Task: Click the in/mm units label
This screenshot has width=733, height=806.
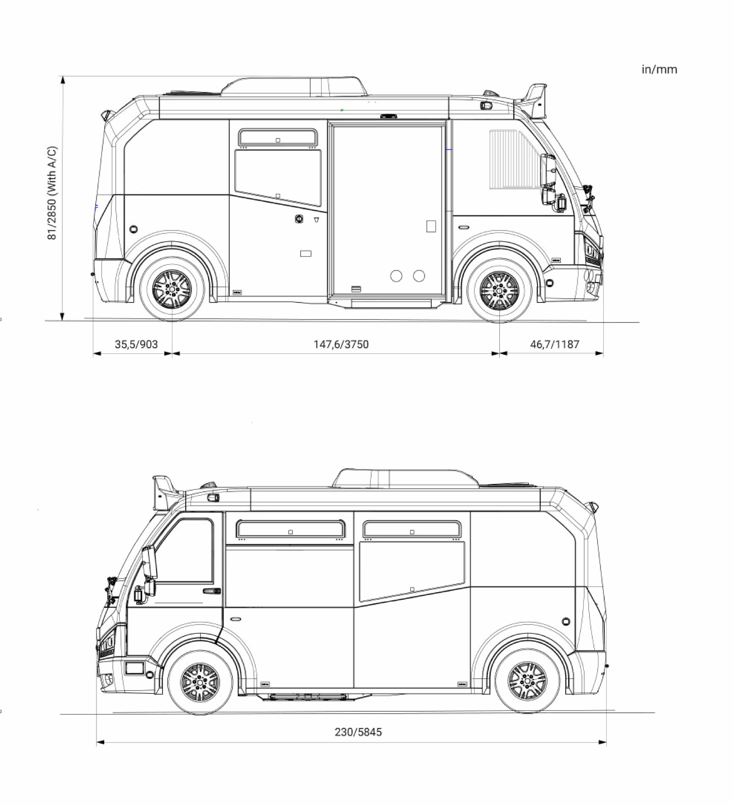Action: [659, 70]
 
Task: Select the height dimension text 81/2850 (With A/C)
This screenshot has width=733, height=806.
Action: [52, 193]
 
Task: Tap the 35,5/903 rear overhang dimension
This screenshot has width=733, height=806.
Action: [136, 344]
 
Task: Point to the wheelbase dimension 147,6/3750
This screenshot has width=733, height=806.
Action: [341, 344]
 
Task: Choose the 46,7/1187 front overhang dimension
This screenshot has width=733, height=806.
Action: [555, 344]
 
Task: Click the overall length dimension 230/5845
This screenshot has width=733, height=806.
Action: [358, 732]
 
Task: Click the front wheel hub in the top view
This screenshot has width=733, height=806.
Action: [499, 290]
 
